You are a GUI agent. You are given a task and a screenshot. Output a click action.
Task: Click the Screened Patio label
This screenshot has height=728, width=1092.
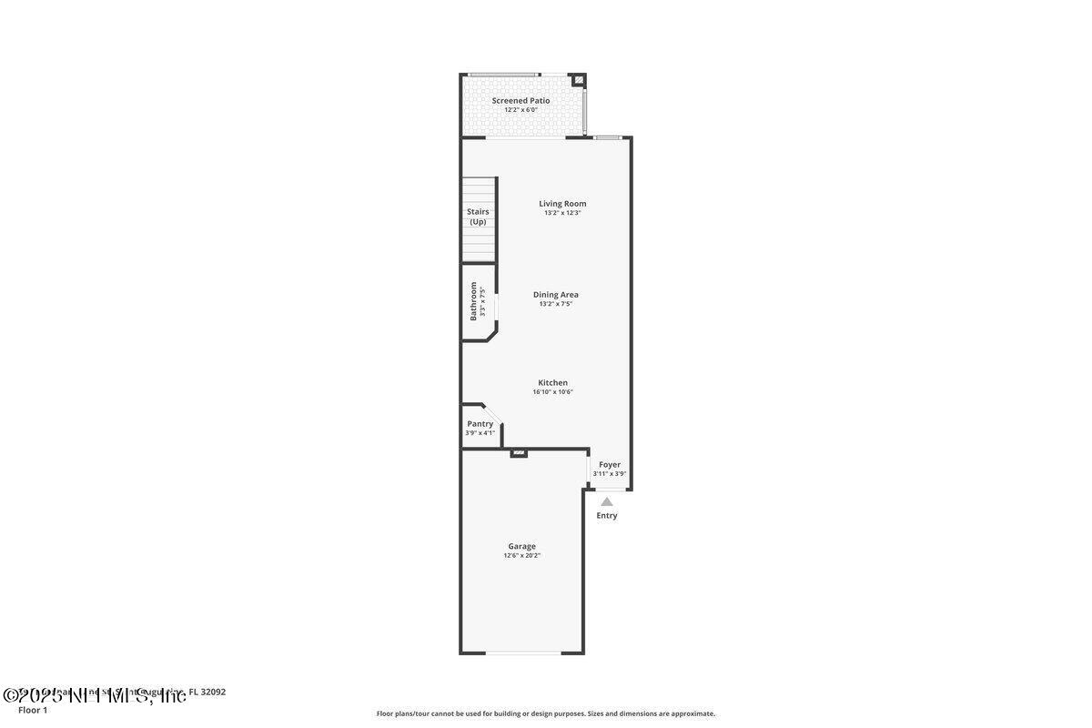click(x=521, y=100)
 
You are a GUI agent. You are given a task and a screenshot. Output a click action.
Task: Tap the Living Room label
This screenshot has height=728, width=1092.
click(x=562, y=204)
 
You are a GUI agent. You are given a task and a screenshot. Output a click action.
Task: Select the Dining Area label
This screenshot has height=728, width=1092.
click(x=555, y=295)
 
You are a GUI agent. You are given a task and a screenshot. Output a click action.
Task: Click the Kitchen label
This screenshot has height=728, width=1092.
click(x=552, y=383)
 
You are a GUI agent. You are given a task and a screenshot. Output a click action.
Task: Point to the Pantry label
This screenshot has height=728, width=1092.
click(x=480, y=424)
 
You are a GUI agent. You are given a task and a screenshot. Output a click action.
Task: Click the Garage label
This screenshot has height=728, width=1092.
click(x=521, y=546)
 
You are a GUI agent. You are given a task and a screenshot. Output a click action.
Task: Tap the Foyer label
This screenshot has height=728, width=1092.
click(x=610, y=465)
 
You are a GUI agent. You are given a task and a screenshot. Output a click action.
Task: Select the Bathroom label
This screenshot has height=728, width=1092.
click(x=473, y=301)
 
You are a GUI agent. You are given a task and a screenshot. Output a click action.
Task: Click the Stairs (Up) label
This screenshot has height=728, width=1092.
click(x=478, y=217)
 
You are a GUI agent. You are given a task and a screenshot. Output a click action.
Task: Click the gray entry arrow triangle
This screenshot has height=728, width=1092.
click(x=607, y=501)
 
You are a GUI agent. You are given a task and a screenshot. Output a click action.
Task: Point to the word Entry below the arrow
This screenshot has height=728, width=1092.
click(x=607, y=516)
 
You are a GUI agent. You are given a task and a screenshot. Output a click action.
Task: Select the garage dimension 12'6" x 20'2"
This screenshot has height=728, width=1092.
click(x=521, y=556)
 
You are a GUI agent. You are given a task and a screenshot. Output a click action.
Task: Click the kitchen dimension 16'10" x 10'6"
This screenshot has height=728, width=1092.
click(x=552, y=392)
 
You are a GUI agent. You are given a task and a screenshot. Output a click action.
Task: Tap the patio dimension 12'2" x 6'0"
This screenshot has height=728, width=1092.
click(x=521, y=110)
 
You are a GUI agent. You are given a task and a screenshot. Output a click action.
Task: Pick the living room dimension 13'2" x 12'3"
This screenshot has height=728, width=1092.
click(x=562, y=213)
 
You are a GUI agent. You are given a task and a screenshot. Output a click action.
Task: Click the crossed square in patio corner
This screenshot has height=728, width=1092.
click(x=578, y=81)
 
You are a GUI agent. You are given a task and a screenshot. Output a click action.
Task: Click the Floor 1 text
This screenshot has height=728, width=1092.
click(x=33, y=710)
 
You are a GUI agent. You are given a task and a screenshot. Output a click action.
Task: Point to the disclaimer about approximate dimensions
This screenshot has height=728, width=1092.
click(x=546, y=713)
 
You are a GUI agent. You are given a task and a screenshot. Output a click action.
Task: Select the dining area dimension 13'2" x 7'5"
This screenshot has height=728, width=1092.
click(x=555, y=304)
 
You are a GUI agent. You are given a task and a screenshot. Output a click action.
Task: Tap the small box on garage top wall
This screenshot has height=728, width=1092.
click(x=519, y=452)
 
